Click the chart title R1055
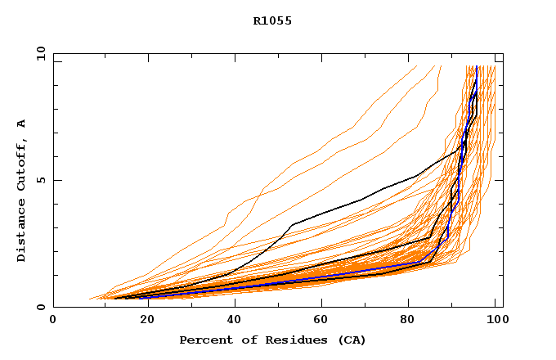pyautogui.click(x=272, y=21)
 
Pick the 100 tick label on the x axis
pyautogui.click(x=495, y=320)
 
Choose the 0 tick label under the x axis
pyautogui.click(x=53, y=320)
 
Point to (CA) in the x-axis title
pyautogui.click(x=350, y=340)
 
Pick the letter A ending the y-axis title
pyautogui.click(x=21, y=124)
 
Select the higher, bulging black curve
pyautogui.click(x=360, y=200)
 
